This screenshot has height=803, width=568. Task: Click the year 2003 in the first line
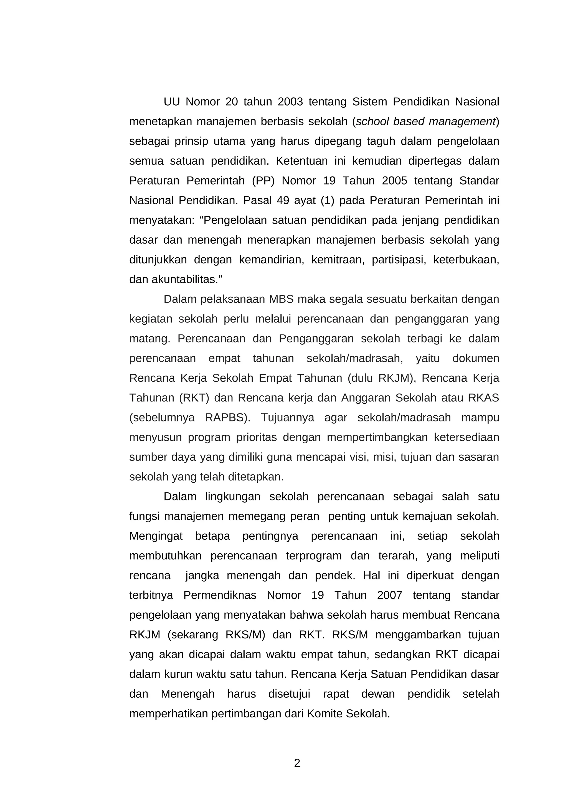click(290, 102)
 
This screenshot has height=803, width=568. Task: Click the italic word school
click(372, 121)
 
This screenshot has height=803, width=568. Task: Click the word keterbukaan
click(466, 260)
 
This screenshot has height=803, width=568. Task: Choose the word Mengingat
click(156, 536)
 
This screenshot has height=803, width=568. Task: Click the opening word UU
click(171, 102)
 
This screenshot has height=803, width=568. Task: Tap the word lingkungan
click(233, 497)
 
